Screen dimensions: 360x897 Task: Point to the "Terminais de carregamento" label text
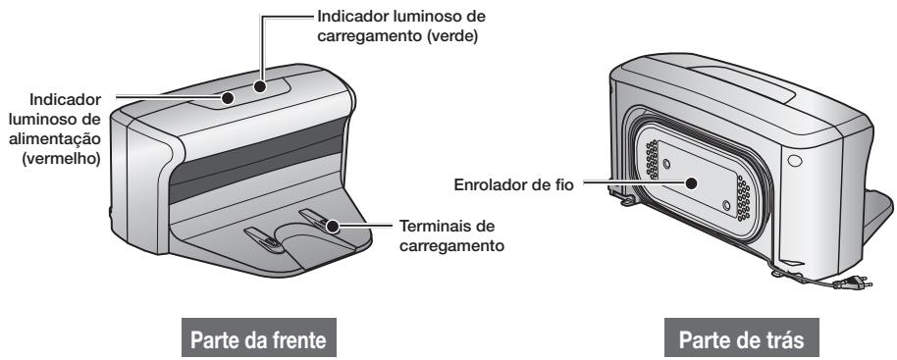(451, 234)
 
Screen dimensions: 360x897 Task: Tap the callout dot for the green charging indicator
(261, 86)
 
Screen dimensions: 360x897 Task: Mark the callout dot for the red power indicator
(227, 98)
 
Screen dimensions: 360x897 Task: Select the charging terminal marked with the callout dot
(324, 222)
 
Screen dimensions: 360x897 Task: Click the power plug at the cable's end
(843, 287)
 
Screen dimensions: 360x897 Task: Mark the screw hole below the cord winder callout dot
(725, 206)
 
